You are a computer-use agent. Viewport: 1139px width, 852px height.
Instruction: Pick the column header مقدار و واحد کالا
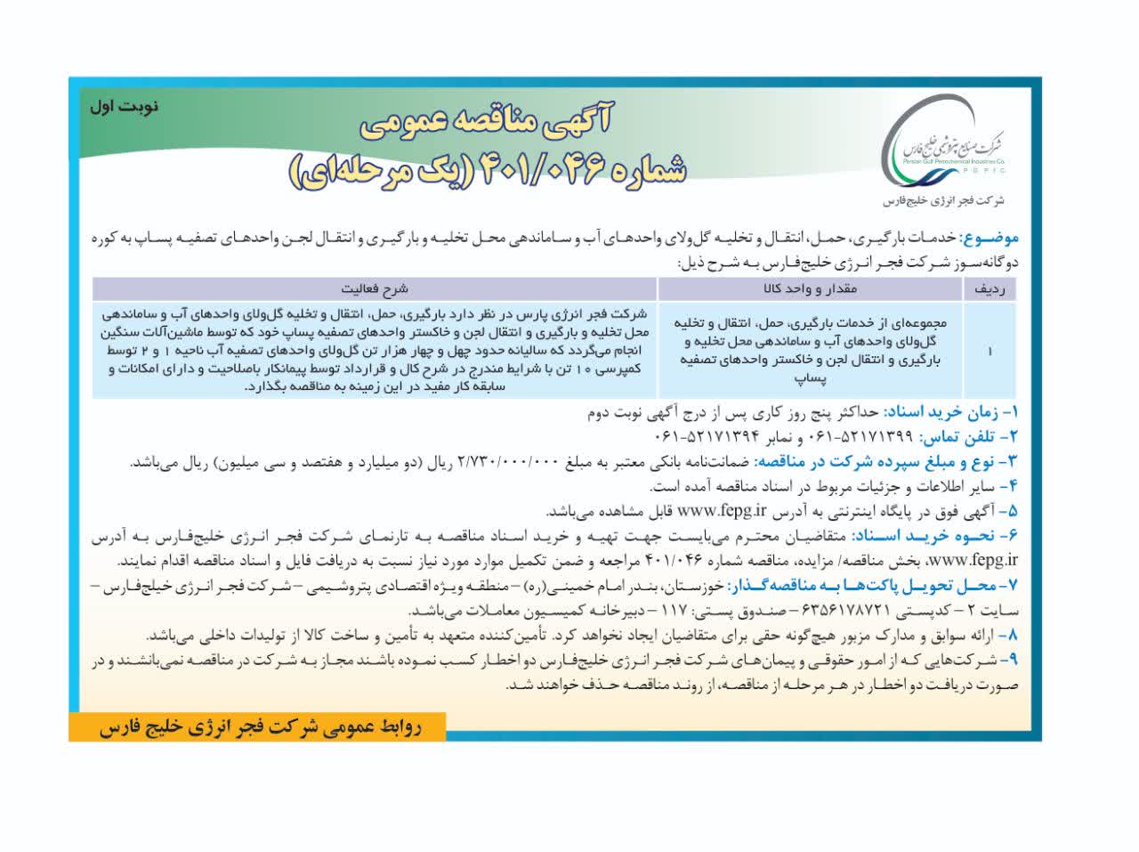[x=809, y=289]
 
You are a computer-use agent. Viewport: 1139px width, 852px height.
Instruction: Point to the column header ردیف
[x=990, y=289]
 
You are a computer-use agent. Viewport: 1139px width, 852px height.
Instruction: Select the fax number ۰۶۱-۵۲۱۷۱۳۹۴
[x=711, y=437]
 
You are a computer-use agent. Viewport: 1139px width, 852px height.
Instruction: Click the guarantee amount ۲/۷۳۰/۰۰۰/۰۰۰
[x=508, y=462]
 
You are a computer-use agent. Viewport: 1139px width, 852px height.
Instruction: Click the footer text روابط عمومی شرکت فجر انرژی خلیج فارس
[x=258, y=727]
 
